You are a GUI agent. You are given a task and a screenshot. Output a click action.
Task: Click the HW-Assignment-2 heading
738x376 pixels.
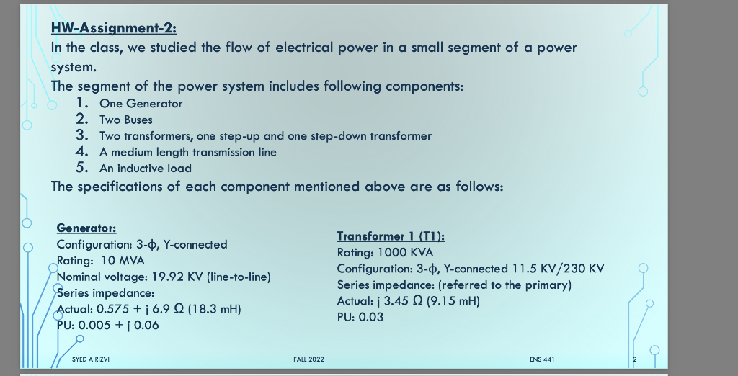coord(114,29)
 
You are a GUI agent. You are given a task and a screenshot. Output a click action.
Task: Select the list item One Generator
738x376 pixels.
coord(141,104)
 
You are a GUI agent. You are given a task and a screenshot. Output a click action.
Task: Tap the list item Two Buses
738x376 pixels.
coord(126,120)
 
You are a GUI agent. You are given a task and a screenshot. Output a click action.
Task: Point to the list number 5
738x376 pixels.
coord(82,168)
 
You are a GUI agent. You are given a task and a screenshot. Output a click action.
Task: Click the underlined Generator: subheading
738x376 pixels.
coord(86,228)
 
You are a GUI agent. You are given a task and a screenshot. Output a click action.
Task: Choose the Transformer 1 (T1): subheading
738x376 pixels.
coord(391,236)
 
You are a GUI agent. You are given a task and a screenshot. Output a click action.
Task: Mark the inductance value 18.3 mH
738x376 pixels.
coord(214,309)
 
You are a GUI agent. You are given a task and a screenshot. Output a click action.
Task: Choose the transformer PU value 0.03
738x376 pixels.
coord(370,317)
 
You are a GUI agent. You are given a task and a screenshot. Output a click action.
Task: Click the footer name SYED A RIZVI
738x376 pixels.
coord(90,359)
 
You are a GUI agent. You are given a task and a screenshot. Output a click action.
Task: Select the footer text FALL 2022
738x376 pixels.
coord(308,359)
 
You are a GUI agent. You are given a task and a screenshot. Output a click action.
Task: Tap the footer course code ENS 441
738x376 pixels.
coord(541,359)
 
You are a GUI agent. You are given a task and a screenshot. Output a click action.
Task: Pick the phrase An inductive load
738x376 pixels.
coord(146,168)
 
